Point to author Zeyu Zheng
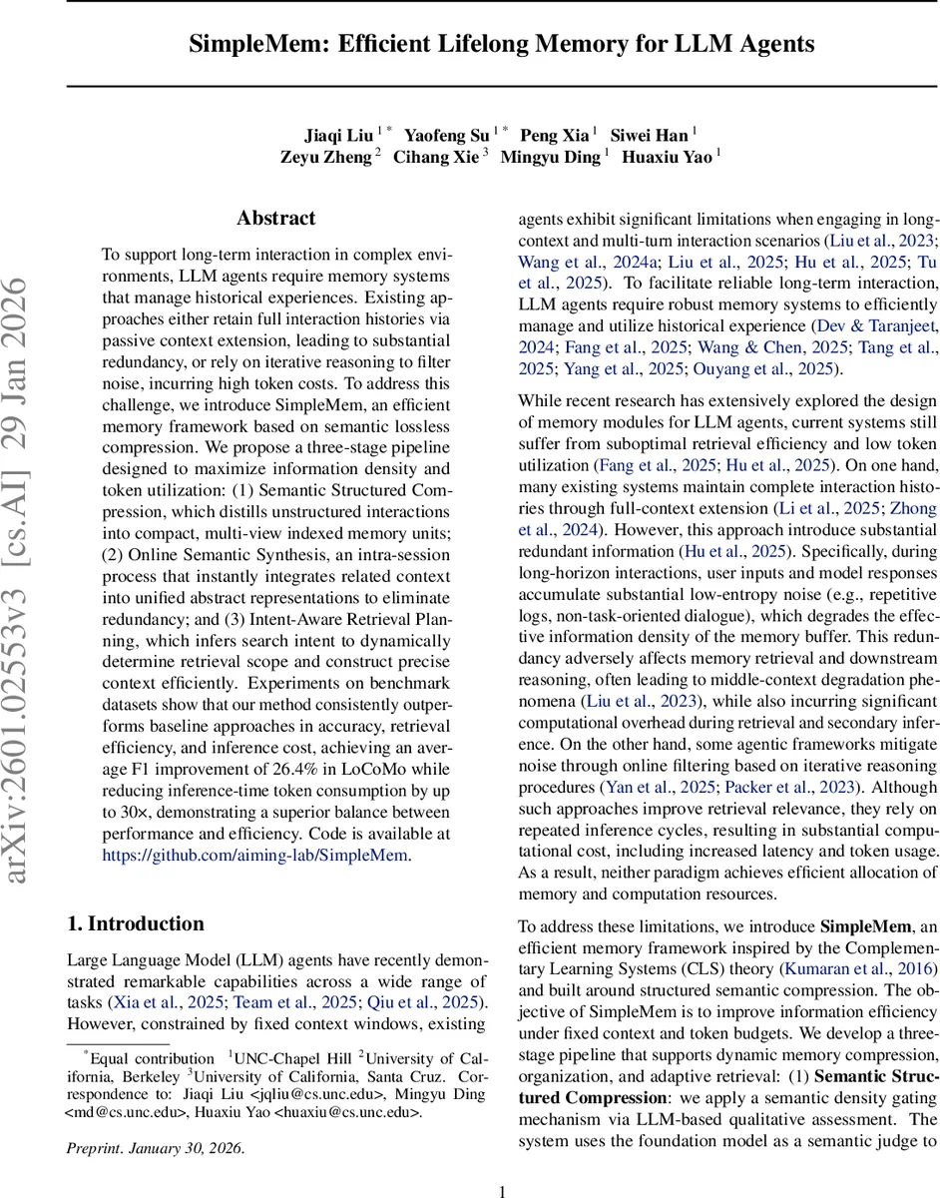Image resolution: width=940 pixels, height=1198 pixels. [x=325, y=157]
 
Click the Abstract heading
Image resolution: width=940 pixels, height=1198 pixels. [x=275, y=219]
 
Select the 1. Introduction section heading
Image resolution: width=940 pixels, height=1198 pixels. [x=136, y=923]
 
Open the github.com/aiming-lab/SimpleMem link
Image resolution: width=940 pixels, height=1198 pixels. [x=255, y=855]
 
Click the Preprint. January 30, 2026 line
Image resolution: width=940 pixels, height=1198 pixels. [x=156, y=1148]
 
